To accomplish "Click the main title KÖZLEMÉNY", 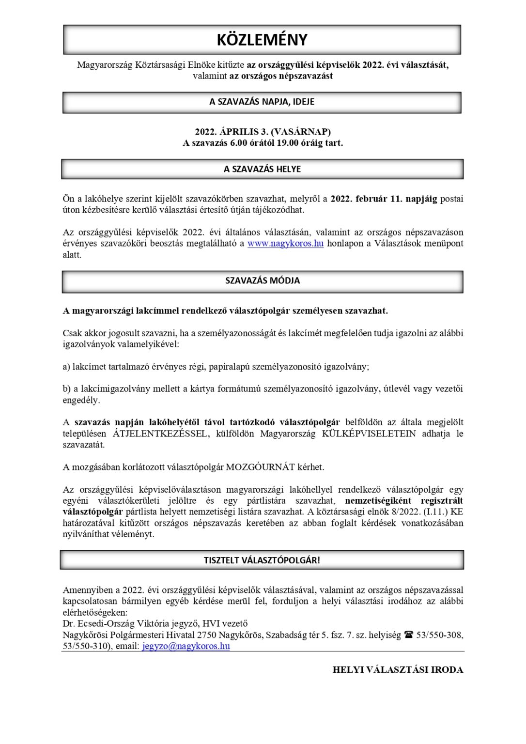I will pyautogui.click(x=262, y=40).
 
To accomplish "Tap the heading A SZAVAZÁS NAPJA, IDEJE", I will pyautogui.click(x=262, y=102).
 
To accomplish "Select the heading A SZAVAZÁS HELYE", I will pyautogui.click(x=262, y=169).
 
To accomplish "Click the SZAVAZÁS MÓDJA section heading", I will pyautogui.click(x=262, y=280).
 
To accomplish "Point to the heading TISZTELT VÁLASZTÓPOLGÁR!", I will pyautogui.click(x=262, y=560).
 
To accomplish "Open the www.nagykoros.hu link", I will pyautogui.click(x=285, y=243).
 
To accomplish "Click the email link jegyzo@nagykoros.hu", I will pyautogui.click(x=186, y=646).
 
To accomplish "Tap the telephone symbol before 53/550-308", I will pyautogui.click(x=408, y=635).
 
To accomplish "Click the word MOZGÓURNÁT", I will pyautogui.click(x=261, y=467).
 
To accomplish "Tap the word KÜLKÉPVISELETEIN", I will pyautogui.click(x=369, y=434).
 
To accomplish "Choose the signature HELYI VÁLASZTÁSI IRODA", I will pyautogui.click(x=398, y=670).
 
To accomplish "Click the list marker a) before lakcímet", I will pyautogui.click(x=67, y=367).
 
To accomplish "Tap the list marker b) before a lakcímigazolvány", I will pyautogui.click(x=67, y=388).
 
